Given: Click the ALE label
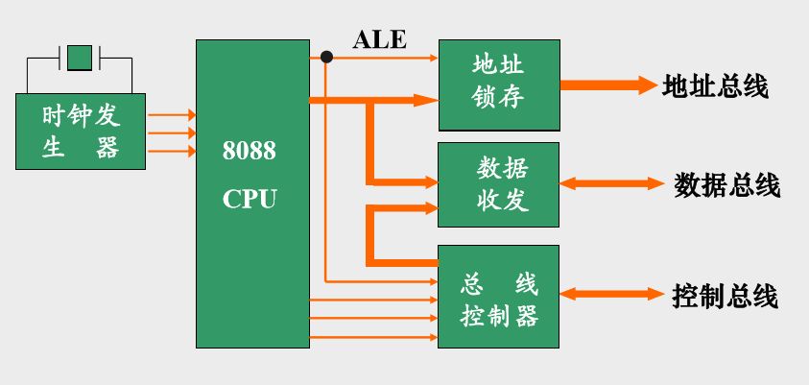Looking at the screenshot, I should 380,39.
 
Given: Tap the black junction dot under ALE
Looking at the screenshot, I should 326,58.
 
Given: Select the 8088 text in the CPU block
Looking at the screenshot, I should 249,151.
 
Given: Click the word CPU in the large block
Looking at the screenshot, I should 249,199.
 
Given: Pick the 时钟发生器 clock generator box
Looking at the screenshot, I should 81,132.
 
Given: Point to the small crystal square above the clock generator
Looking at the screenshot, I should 81,57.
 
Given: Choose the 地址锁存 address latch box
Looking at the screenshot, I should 499,84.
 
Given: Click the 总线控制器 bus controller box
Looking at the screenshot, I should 499,298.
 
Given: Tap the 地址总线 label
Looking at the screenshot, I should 715,85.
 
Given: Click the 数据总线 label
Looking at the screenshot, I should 726,184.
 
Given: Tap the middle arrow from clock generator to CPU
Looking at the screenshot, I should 172,132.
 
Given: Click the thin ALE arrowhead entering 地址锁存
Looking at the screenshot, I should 432,58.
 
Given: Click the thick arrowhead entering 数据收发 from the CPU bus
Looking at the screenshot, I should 427,180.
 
